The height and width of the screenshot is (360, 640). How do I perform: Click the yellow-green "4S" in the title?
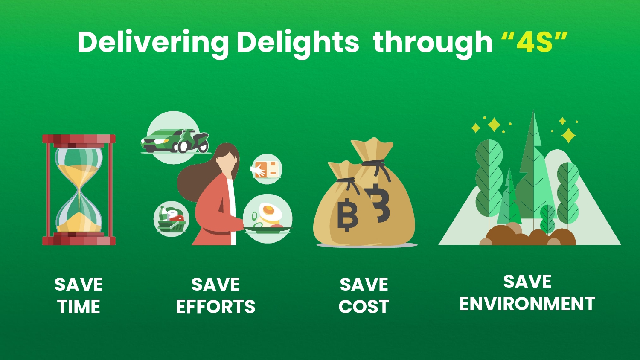(x=534, y=42)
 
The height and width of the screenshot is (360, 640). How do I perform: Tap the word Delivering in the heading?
(x=153, y=43)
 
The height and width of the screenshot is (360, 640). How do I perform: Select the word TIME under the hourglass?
(x=79, y=307)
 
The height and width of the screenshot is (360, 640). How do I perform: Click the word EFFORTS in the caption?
(x=216, y=307)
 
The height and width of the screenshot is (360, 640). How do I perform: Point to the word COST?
(x=364, y=307)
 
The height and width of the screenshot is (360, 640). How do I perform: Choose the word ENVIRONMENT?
(x=527, y=303)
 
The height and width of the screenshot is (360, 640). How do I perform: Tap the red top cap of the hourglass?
(x=79, y=139)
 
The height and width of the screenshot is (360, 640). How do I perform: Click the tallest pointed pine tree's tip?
(x=533, y=111)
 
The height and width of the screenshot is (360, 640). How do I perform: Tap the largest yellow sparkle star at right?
(x=569, y=135)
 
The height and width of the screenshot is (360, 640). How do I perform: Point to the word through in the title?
(x=433, y=43)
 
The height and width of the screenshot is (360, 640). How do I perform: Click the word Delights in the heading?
(x=298, y=43)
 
